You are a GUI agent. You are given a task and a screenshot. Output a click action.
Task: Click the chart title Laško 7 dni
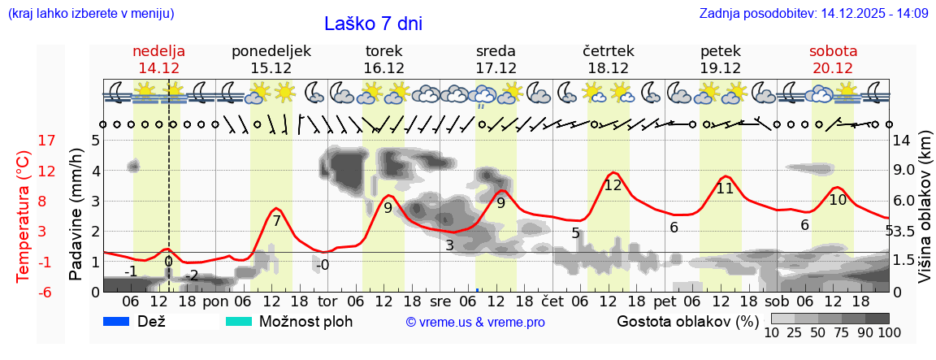pyautogui.click(x=373, y=24)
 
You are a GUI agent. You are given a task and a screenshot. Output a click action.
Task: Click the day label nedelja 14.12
pyautogui.click(x=159, y=59)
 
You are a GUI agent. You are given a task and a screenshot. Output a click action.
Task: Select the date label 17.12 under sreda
pyautogui.click(x=496, y=68)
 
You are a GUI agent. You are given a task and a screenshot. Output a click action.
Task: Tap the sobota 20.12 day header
pyautogui.click(x=833, y=59)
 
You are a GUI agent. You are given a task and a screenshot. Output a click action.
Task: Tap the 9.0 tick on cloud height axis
pyautogui.click(x=905, y=171)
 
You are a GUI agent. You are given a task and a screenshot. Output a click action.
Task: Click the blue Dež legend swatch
pyautogui.click(x=117, y=321)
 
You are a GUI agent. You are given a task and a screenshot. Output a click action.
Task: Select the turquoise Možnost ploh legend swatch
pyautogui.click(x=239, y=321)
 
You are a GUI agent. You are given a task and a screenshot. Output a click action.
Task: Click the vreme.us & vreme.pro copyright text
pyautogui.click(x=475, y=322)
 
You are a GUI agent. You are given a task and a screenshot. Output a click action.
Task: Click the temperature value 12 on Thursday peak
pyautogui.click(x=613, y=185)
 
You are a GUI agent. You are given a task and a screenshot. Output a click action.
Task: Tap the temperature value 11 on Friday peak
pyautogui.click(x=725, y=189)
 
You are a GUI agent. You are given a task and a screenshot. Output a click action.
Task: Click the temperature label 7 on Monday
pyautogui.click(x=276, y=221)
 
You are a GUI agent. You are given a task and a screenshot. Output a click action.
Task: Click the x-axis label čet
pyautogui.click(x=552, y=301)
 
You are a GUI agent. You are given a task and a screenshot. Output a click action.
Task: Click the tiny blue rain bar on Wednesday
pyautogui.click(x=477, y=289)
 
